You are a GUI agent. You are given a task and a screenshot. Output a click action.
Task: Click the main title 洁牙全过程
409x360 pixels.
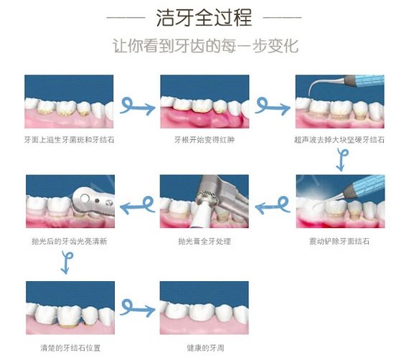(x=204, y=18)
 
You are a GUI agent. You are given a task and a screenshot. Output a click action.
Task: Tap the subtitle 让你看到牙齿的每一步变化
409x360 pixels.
(x=205, y=46)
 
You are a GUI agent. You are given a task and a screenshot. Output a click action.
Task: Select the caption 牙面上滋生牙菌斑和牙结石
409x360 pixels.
(x=69, y=140)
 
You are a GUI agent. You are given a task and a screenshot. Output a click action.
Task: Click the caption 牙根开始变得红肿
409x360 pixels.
(x=204, y=140)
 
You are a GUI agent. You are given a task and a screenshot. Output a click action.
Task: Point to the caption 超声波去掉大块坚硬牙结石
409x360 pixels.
(x=339, y=140)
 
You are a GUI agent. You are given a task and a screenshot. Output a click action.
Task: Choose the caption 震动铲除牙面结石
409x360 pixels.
(x=339, y=241)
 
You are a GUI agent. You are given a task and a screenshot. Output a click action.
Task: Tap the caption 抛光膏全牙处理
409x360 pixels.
(x=204, y=241)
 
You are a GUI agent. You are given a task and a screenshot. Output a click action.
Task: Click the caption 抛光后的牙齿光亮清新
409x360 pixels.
(x=70, y=241)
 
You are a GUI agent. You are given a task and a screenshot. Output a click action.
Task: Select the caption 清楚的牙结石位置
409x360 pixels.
(x=70, y=348)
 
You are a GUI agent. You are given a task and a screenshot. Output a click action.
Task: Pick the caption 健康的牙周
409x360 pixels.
(x=205, y=348)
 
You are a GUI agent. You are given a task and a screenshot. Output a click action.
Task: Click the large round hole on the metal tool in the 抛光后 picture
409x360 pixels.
(x=85, y=198)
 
